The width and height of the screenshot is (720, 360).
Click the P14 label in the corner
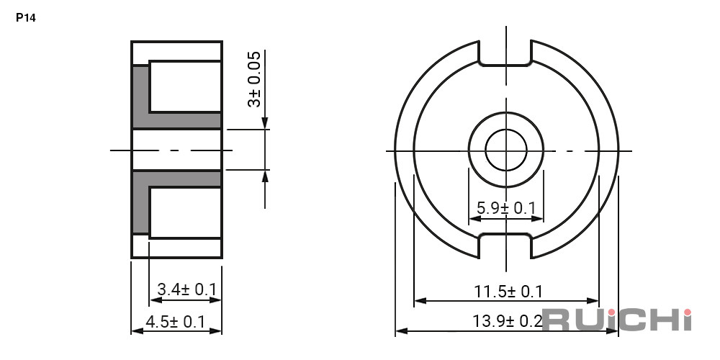[x=26, y=18]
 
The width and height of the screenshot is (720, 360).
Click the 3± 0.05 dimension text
[x=254, y=79]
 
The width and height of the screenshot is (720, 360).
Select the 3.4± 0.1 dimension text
[x=186, y=289]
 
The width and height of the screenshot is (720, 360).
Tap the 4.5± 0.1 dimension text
[x=175, y=322]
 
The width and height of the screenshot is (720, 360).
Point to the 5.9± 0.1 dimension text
[x=506, y=208]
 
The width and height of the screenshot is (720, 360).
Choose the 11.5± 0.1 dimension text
[x=508, y=291]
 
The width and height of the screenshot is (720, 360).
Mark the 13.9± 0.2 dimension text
[x=508, y=321]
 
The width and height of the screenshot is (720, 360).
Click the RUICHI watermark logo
[x=617, y=320]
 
